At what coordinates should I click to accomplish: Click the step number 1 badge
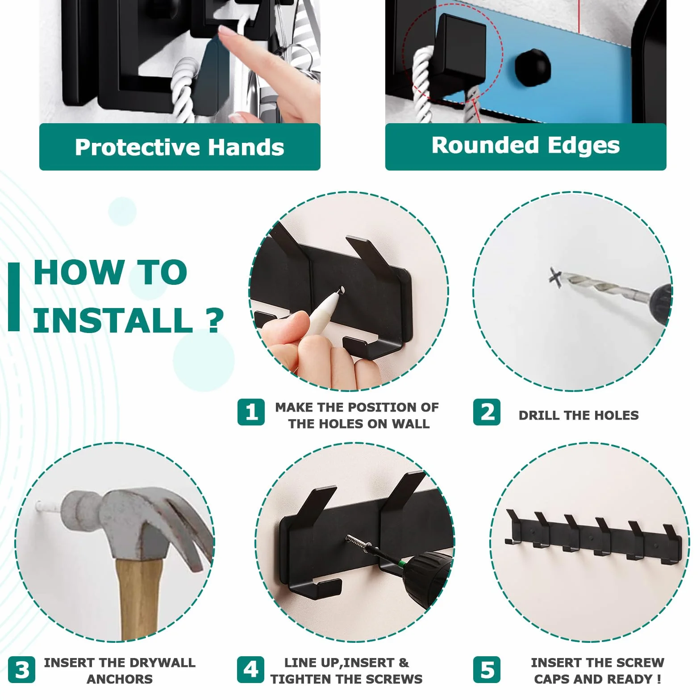pyautogui.click(x=251, y=412)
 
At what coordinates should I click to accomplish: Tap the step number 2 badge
pyautogui.click(x=487, y=412)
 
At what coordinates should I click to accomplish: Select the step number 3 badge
pyautogui.click(x=21, y=670)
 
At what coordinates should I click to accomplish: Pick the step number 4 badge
pyautogui.click(x=251, y=670)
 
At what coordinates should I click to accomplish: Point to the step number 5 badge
pyautogui.click(x=487, y=670)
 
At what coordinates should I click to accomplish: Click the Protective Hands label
pyautogui.click(x=179, y=147)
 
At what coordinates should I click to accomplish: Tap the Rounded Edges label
pyautogui.click(x=525, y=146)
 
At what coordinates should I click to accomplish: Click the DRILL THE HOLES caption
pyautogui.click(x=579, y=415)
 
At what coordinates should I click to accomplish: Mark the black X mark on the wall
pyautogui.click(x=555, y=278)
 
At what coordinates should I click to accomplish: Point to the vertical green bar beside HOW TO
pyautogui.click(x=14, y=297)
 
